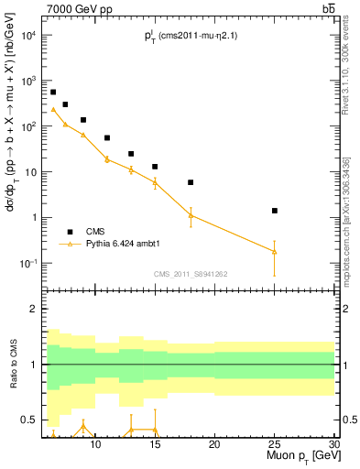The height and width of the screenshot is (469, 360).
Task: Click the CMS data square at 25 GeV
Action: click(x=275, y=211)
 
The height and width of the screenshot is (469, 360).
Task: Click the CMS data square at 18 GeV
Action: click(x=191, y=182)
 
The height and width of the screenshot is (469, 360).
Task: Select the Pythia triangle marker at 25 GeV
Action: click(x=275, y=251)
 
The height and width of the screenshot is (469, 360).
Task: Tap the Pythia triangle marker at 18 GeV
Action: click(x=191, y=215)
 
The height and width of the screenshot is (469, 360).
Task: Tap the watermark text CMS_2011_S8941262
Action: click(x=191, y=274)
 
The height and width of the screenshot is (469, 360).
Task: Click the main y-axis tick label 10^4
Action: click(x=27, y=35)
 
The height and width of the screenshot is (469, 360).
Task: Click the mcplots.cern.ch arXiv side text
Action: click(x=352, y=215)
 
